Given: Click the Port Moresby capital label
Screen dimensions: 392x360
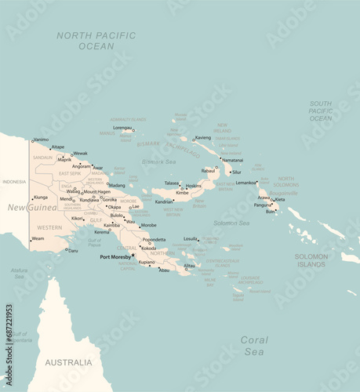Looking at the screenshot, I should tap(115, 256).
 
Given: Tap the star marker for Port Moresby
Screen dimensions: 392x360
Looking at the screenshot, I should tap(134, 255).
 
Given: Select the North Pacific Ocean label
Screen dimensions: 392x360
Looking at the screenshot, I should tap(96, 41).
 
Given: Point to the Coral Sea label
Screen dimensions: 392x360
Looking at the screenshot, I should tap(253, 346).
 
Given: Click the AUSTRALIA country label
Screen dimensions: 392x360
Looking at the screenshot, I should tap(68, 362).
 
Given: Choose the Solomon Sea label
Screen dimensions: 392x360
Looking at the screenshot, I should tap(231, 223).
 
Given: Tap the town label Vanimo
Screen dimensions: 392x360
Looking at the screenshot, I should tap(41, 140).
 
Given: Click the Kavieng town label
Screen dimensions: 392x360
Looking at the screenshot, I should tap(203, 137).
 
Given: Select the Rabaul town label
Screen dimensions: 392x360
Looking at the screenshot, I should tap(209, 170).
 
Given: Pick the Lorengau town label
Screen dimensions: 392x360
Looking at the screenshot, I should tap(122, 127).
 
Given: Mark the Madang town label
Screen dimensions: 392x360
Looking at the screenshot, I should tap(117, 185).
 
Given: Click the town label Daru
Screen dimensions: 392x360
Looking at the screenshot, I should tap(73, 251).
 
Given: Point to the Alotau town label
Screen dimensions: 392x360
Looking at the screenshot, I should tap(189, 265).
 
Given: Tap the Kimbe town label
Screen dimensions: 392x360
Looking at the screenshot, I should tap(182, 192).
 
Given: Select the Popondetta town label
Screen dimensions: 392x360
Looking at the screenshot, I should tap(155, 239).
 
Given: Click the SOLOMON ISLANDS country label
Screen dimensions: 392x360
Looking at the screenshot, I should tap(311, 260).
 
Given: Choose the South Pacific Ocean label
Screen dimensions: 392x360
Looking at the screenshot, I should tap(320, 111).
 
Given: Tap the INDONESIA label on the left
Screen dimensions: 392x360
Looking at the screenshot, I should tap(14, 182).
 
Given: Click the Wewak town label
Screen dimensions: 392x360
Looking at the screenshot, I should tap(80, 154).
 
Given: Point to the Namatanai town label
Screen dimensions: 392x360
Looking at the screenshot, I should tap(232, 160).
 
